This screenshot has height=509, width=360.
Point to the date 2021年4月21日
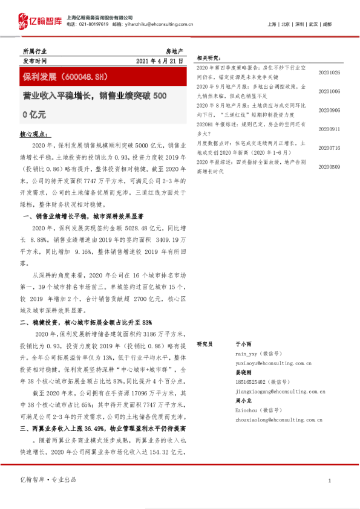[x=160, y=62]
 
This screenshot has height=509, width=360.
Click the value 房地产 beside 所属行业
[x=174, y=51]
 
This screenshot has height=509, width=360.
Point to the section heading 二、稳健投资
[x=86, y=323]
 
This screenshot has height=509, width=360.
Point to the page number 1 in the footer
[x=329, y=480]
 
